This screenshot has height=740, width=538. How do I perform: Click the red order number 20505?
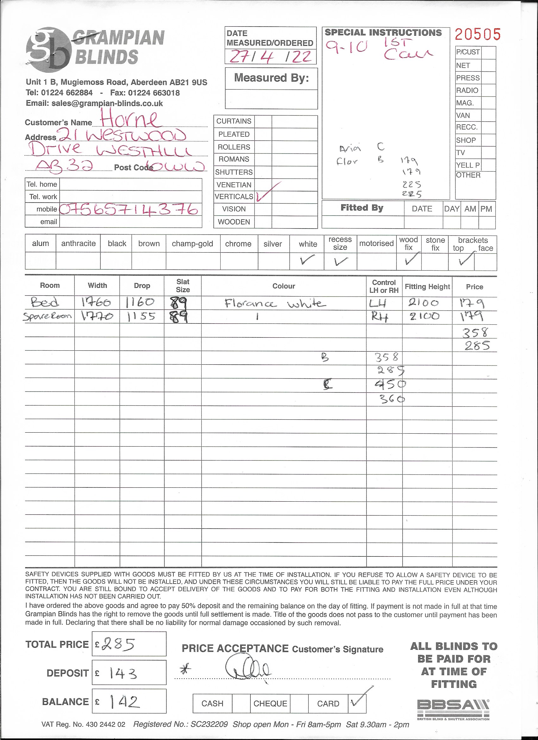(477, 34)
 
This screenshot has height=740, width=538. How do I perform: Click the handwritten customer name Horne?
(130, 119)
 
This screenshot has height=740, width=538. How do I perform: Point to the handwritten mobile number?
(129, 209)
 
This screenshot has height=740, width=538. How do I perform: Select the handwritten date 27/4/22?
(271, 57)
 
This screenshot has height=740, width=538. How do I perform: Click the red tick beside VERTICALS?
(267, 193)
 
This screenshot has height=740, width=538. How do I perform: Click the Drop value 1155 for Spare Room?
(141, 317)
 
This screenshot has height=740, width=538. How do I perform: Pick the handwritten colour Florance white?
(275, 304)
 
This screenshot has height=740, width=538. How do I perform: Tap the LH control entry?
(378, 304)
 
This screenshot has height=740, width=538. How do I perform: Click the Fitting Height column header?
(427, 286)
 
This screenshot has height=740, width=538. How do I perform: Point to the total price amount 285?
(119, 644)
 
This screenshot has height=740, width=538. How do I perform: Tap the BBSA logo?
(453, 707)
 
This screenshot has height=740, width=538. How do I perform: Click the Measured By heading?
(271, 78)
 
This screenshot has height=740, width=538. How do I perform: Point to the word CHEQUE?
(270, 704)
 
